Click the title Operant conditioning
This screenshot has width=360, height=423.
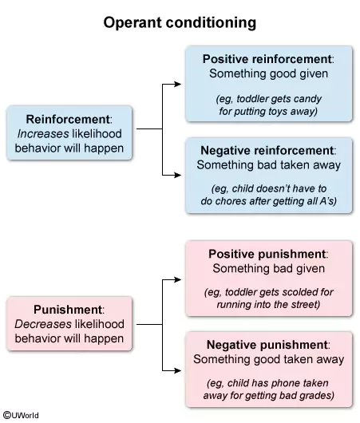(180, 23)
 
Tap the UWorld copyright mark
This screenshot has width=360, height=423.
(21, 415)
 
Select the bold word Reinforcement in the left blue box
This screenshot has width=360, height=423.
(68, 119)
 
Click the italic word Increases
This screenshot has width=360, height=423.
(43, 134)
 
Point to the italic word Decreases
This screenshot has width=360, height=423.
(43, 324)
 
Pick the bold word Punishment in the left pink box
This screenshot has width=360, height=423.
(68, 310)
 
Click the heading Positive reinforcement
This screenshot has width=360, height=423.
(267, 59)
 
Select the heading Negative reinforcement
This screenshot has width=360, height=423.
(267, 151)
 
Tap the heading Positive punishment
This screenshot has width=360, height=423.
(267, 254)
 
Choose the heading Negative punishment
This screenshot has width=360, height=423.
(267, 345)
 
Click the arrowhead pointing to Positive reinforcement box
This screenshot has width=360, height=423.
(177, 84)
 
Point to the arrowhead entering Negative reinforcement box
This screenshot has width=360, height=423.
(177, 175)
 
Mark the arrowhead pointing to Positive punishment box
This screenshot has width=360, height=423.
(177, 279)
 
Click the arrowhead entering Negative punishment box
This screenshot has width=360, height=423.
(177, 370)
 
